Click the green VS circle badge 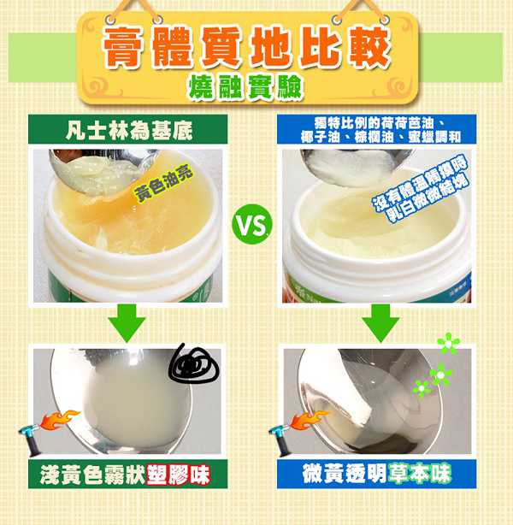[252, 226]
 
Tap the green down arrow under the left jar [128, 323]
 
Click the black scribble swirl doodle [194, 364]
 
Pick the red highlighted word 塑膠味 [181, 473]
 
